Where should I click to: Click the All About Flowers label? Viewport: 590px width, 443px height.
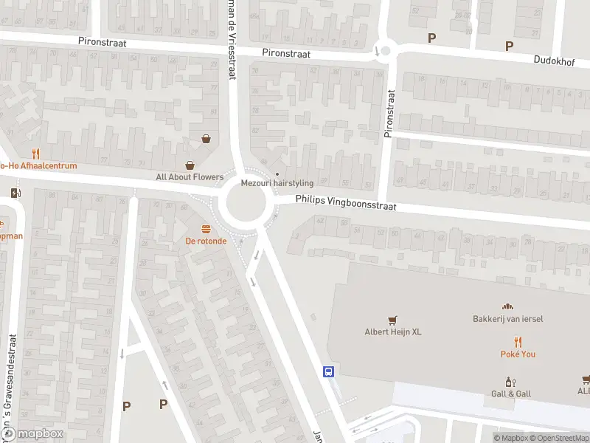(x=190, y=177)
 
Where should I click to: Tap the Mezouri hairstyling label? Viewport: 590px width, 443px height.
(x=277, y=183)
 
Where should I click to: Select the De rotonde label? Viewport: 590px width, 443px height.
(x=206, y=241)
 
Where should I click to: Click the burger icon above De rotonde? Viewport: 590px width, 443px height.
(x=206, y=228)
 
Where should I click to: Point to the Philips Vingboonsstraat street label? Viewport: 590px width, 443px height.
(x=346, y=203)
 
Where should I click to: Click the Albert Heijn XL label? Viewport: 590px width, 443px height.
(x=393, y=332)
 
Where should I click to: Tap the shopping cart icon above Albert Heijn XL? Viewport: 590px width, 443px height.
(x=393, y=320)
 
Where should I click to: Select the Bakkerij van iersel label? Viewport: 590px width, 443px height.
(x=507, y=319)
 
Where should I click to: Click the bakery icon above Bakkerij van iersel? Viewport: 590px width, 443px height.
(x=507, y=306)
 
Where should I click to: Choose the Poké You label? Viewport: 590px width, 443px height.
(x=518, y=354)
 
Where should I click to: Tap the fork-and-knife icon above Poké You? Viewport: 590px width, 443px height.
(x=518, y=342)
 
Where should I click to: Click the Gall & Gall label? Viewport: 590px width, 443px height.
(x=510, y=394)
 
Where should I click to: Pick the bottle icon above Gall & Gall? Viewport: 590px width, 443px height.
(x=509, y=382)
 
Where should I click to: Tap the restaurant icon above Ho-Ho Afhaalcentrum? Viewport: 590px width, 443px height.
(x=35, y=154)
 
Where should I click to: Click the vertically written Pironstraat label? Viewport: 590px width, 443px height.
(x=389, y=114)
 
